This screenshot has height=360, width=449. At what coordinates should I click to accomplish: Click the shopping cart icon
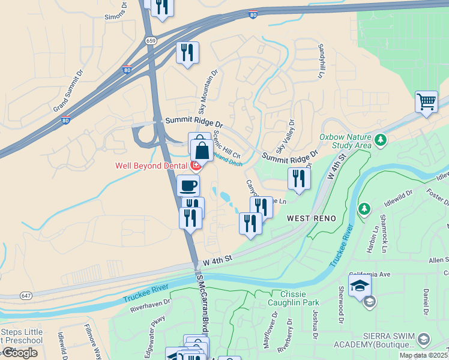[x=426, y=101]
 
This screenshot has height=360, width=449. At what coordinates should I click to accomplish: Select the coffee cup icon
[x=188, y=185]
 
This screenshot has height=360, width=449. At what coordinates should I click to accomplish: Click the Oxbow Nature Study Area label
[x=345, y=141]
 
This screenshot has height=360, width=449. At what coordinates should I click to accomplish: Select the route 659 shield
[x=151, y=40]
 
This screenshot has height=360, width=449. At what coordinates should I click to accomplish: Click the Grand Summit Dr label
[x=70, y=91]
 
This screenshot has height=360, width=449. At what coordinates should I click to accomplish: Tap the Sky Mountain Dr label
[x=208, y=91]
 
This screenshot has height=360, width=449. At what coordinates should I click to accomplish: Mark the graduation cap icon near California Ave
[x=360, y=285]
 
